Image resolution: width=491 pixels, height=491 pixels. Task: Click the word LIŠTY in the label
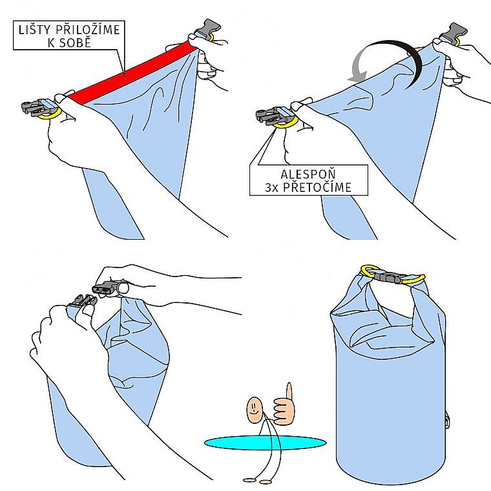click(34, 30)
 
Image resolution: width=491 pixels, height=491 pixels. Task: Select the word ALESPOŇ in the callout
click(308, 174)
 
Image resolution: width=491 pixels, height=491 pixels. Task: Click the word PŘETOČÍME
click(317, 187)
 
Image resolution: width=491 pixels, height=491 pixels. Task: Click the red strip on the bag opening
click(130, 72)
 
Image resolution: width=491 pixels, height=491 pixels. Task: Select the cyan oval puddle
click(265, 443)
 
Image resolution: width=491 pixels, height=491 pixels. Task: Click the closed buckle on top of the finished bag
click(388, 277)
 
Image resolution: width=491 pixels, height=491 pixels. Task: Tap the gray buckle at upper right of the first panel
click(207, 28)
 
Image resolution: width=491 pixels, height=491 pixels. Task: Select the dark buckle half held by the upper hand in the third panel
click(103, 287)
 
